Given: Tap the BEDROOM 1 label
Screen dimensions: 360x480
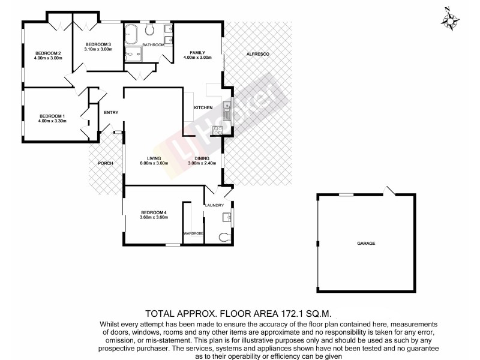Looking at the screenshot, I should tap(52, 116).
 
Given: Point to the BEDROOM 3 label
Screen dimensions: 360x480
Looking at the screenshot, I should tap(98, 44).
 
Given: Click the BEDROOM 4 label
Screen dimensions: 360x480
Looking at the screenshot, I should tap(154, 212).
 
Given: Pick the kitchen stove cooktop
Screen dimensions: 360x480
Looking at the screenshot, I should tap(218, 130).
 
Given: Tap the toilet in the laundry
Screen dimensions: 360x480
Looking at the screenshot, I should tap(225, 236).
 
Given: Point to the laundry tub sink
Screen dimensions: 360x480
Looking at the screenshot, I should tap(227, 217).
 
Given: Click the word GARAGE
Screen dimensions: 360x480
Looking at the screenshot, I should tap(366, 243).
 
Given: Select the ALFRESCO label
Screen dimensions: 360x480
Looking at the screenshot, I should tap(258, 55).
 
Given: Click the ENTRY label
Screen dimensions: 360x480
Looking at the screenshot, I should tap(110, 112).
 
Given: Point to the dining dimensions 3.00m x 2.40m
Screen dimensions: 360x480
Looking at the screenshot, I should tap(201, 163).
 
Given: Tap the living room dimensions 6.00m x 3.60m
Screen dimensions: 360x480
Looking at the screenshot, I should tap(154, 163).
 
